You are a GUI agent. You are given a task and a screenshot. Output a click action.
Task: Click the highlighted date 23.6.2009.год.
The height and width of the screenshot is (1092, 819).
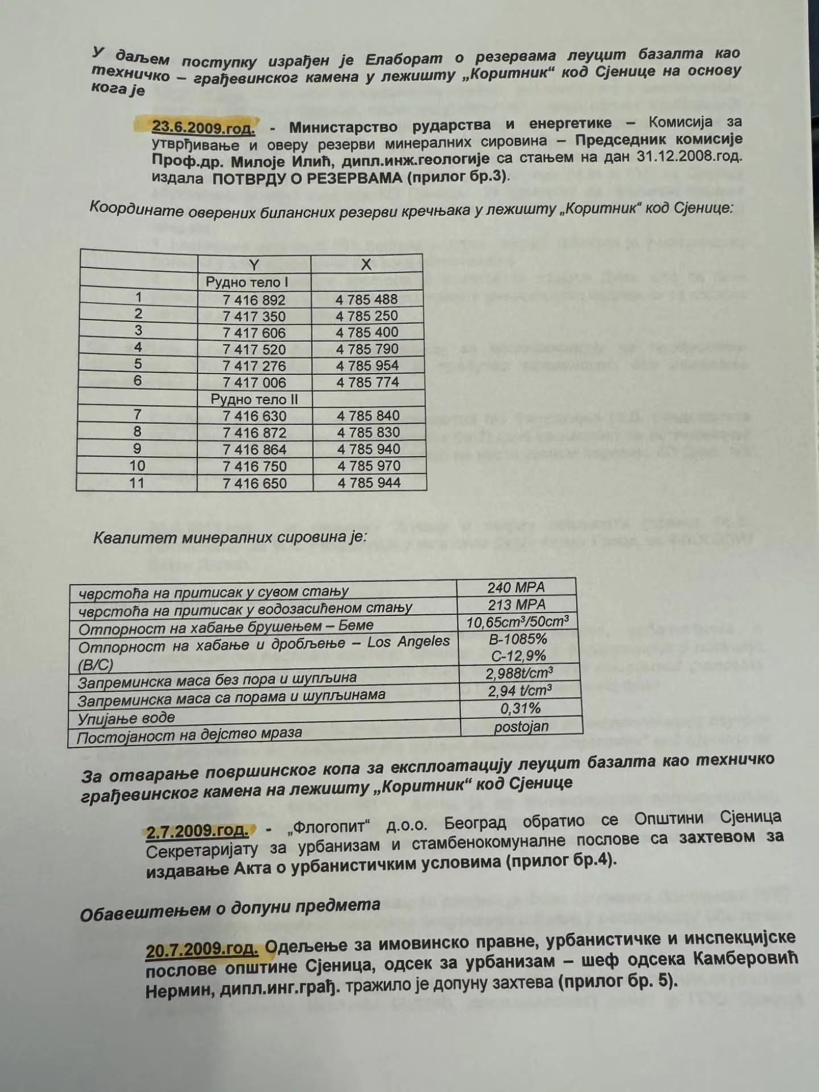tap(203, 127)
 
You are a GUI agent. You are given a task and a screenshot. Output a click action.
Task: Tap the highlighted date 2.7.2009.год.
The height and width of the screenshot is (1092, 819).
tap(197, 831)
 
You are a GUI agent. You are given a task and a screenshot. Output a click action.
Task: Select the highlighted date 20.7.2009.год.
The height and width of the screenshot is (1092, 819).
tap(202, 950)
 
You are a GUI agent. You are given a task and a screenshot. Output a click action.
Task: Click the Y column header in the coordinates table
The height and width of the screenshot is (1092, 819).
tap(254, 264)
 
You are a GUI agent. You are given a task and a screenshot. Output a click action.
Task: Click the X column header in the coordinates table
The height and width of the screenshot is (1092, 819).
tap(366, 264)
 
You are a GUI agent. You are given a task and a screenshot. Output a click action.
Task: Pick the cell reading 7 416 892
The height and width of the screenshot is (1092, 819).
tap(254, 300)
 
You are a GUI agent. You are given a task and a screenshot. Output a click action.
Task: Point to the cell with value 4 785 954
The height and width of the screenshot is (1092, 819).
tap(367, 366)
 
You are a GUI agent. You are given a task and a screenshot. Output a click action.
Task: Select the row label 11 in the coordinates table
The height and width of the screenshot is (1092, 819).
tap(137, 483)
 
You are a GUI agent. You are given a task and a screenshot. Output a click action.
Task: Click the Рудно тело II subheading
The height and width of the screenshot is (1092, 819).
tap(254, 399)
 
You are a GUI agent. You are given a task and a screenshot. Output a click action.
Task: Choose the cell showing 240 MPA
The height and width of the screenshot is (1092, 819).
tap(516, 588)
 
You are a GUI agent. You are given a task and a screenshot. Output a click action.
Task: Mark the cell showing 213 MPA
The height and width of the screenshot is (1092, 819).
tap(516, 605)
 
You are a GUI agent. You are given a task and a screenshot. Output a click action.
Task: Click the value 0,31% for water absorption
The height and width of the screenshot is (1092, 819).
tap(520, 709)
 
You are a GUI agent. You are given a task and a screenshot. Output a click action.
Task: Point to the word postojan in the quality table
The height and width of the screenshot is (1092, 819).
tap(522, 727)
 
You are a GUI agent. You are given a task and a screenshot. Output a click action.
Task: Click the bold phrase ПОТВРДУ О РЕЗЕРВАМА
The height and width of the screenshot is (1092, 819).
tap(308, 177)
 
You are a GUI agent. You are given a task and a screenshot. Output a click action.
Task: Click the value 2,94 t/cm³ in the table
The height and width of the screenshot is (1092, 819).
tap(519, 691)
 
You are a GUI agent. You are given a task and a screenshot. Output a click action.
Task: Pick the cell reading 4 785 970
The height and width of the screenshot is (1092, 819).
tap(369, 466)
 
